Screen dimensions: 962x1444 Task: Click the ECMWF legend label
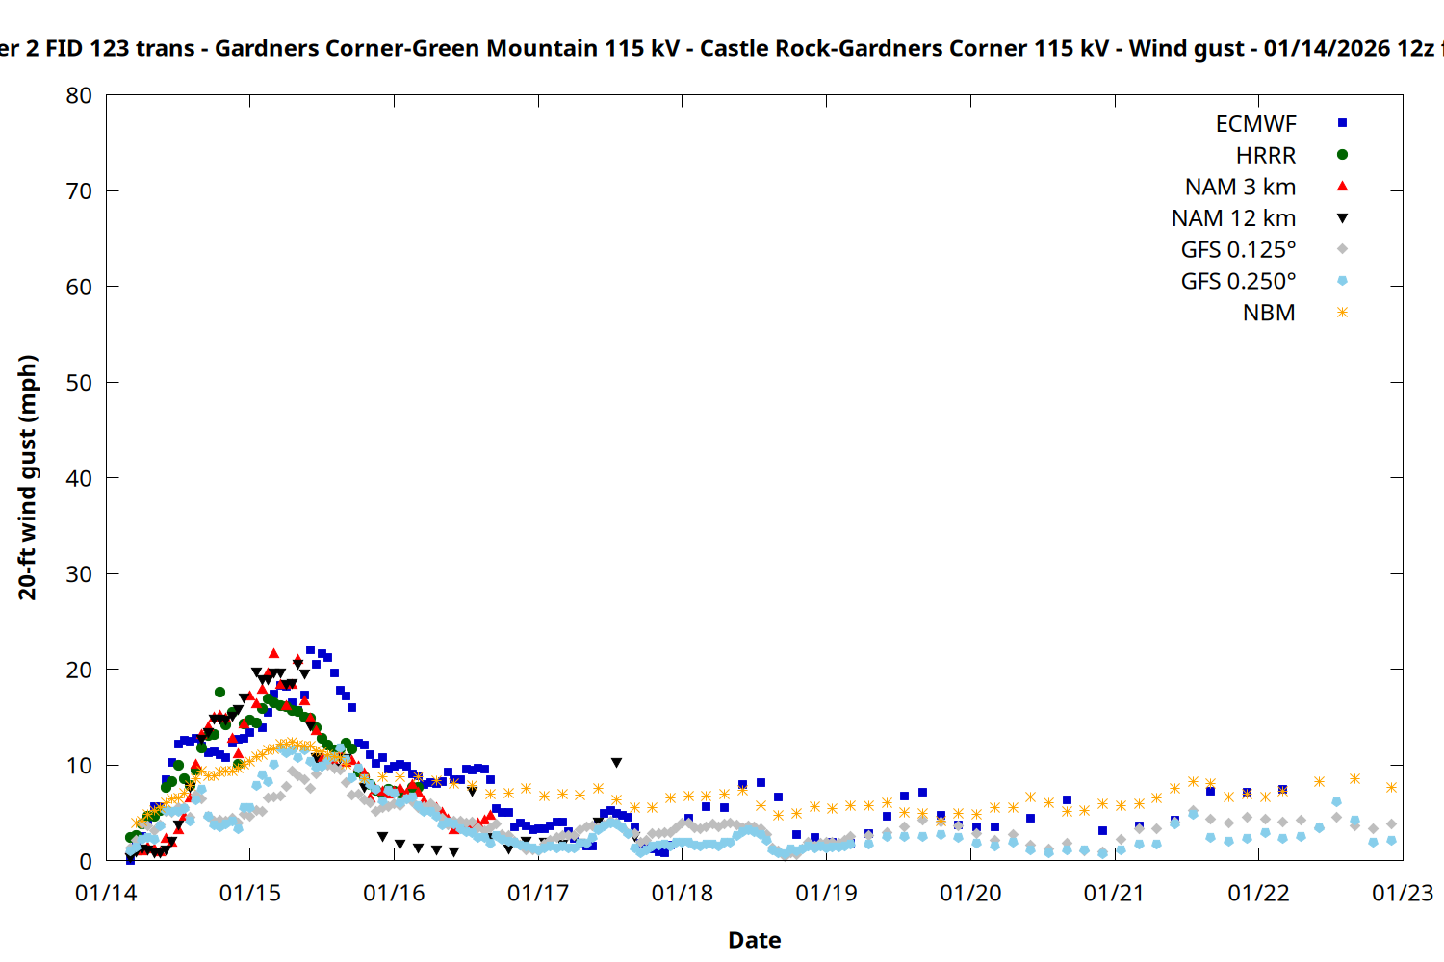pyautogui.click(x=1255, y=124)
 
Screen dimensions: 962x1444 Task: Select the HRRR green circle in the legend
pyautogui.click(x=1342, y=155)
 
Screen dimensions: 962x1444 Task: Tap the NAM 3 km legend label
pyautogui.click(x=1240, y=187)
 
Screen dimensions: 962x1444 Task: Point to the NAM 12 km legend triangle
pyautogui.click(x=1342, y=218)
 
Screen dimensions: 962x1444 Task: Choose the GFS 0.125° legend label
pyautogui.click(x=1238, y=250)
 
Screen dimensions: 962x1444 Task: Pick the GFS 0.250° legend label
pyautogui.click(x=1238, y=282)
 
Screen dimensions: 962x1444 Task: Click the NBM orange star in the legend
pyautogui.click(x=1342, y=313)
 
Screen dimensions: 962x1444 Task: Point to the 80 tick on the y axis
pyautogui.click(x=79, y=95)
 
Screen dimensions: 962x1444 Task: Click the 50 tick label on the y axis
pyautogui.click(x=79, y=383)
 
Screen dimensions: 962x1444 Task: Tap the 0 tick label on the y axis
pyautogui.click(x=86, y=861)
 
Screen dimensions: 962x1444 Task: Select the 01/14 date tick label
pyautogui.click(x=106, y=894)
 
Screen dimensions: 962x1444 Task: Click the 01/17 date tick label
pyautogui.click(x=538, y=894)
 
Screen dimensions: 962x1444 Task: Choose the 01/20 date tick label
pyautogui.click(x=970, y=894)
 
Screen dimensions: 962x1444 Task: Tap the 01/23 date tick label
pyautogui.click(x=1402, y=894)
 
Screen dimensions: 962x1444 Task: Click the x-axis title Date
pyautogui.click(x=754, y=940)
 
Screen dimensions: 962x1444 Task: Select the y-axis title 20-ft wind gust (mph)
pyautogui.click(x=28, y=477)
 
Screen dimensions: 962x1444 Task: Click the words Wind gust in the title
pyautogui.click(x=1186, y=48)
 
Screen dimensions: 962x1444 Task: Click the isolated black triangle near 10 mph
pyautogui.click(x=616, y=763)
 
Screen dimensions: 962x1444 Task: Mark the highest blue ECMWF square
pyautogui.click(x=310, y=650)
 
